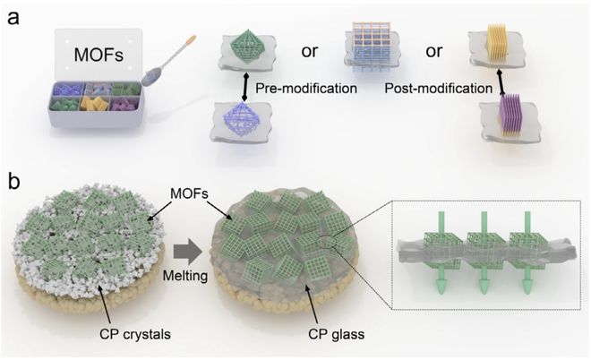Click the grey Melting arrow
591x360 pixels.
tap(184, 245)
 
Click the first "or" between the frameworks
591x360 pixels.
tap(309, 48)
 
